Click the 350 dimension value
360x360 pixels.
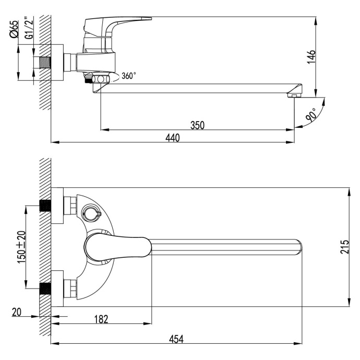197,125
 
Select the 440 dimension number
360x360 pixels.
172,137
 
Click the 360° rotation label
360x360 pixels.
128,76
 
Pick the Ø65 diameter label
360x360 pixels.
14,29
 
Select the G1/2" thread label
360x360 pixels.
29,29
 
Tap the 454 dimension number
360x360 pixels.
177,339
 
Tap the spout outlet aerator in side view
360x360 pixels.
294,95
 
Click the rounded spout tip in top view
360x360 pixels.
297,246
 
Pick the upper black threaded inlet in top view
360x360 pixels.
46,205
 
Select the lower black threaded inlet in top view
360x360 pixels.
46,287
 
